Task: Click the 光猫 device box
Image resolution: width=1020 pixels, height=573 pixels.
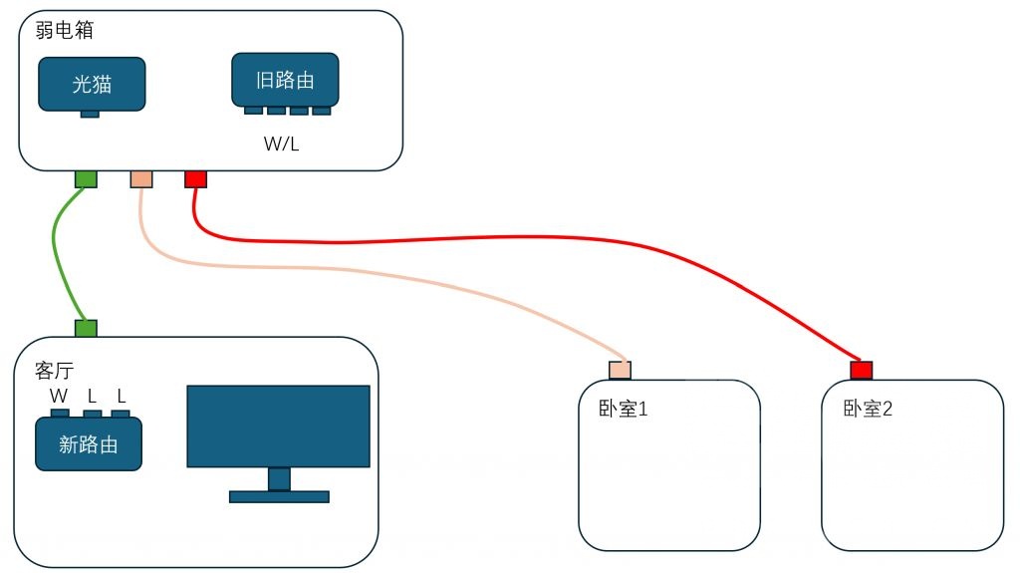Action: (x=92, y=84)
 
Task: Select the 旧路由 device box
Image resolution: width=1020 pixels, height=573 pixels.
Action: (x=285, y=80)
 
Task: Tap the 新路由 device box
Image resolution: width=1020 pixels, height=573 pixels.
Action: (x=89, y=444)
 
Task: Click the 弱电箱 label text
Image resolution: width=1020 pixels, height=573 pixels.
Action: (x=65, y=30)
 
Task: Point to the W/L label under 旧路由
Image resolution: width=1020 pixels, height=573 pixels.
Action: (x=282, y=143)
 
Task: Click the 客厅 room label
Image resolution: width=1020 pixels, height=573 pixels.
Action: (x=54, y=371)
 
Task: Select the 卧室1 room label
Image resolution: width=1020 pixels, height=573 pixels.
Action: (x=624, y=409)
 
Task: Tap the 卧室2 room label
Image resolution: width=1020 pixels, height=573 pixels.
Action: (x=868, y=409)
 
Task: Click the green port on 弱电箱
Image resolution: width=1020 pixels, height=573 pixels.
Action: (x=86, y=179)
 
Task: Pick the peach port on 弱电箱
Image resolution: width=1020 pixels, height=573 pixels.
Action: (x=141, y=179)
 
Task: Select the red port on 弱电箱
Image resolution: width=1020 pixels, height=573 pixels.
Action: (x=196, y=179)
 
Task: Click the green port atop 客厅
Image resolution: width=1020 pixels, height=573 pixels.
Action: (x=86, y=328)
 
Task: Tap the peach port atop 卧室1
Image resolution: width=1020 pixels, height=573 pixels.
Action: (x=620, y=371)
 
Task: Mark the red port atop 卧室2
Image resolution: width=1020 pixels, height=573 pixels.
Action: (x=862, y=371)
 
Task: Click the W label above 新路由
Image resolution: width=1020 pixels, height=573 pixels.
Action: (x=59, y=396)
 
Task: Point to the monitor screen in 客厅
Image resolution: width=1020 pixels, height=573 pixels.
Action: (x=279, y=426)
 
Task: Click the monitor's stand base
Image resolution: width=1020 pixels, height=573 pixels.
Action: (x=279, y=497)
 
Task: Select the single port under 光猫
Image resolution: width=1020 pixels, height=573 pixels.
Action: (x=90, y=114)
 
